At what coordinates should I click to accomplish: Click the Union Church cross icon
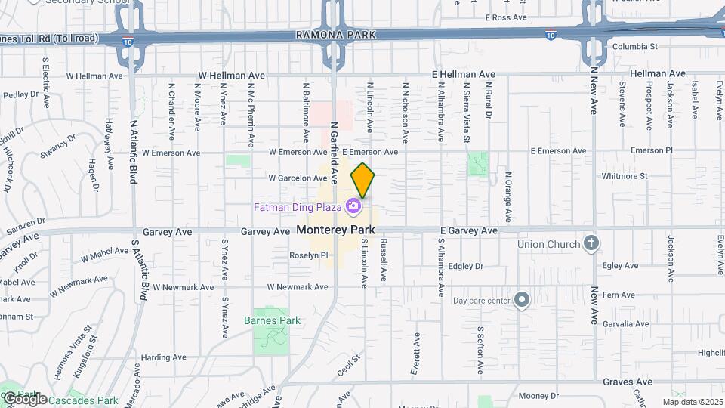click(591, 244)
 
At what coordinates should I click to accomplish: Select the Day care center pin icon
click(521, 301)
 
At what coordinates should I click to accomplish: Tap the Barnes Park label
click(272, 320)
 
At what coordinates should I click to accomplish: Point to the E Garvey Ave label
click(469, 230)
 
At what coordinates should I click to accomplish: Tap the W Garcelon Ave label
click(298, 178)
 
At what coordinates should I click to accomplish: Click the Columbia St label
click(634, 46)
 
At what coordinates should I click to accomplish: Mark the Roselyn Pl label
click(309, 255)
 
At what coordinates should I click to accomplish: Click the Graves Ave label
click(628, 382)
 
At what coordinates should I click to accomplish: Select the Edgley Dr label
click(465, 266)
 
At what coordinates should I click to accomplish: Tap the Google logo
click(24, 398)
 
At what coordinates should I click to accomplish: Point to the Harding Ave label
click(159, 357)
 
